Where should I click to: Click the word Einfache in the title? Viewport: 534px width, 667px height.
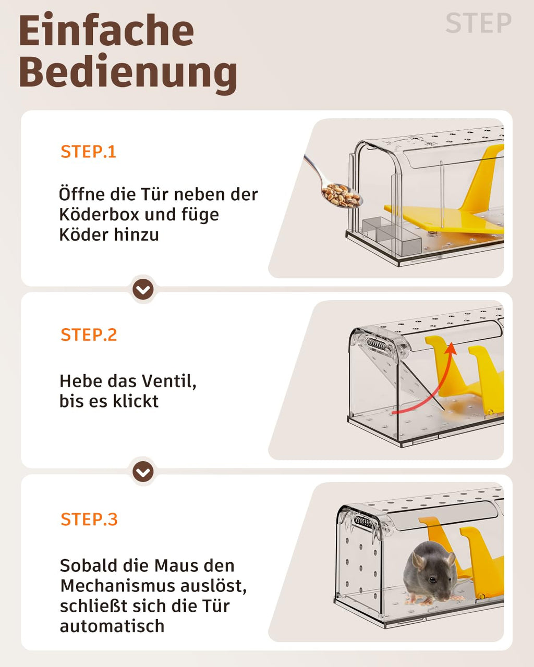point(107,31)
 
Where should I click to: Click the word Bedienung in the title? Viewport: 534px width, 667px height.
point(128,73)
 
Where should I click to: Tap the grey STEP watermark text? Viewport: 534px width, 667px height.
point(478,23)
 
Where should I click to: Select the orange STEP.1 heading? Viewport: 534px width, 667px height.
point(89,152)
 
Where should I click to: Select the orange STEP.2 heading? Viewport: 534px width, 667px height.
point(89,335)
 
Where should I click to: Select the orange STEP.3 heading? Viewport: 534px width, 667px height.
point(89,519)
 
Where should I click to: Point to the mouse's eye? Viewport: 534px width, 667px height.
point(432,578)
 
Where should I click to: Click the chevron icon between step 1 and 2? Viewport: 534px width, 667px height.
point(143,289)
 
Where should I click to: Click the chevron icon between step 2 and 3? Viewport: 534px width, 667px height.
point(143,472)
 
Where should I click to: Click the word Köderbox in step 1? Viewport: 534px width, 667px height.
point(99,215)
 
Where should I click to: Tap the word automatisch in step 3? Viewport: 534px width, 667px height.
point(112,626)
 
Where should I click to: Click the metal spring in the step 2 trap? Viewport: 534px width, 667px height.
point(378,344)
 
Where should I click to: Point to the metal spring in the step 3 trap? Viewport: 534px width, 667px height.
point(363,523)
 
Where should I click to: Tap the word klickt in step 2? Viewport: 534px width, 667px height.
point(136,401)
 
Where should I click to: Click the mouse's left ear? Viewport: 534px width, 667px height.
point(417,562)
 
